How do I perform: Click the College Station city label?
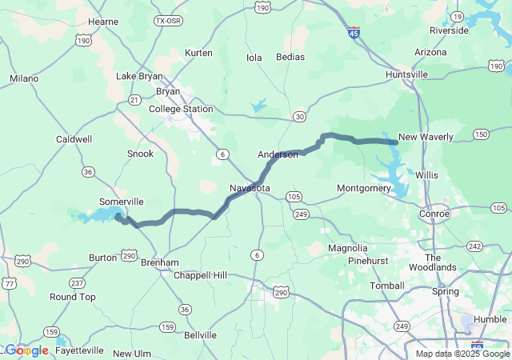point(186,109)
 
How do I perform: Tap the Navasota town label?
point(250,188)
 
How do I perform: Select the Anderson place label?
point(278,154)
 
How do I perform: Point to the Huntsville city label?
point(406,74)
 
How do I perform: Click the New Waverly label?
point(426,137)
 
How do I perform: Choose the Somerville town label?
point(121,202)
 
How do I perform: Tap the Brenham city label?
point(159,262)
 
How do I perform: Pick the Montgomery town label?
point(363,188)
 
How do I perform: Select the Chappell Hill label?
point(206,275)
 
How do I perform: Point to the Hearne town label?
point(103,22)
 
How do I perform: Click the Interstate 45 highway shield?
point(354,33)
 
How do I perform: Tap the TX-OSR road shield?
point(168,21)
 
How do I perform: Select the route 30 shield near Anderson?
point(298,117)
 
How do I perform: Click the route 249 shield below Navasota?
point(301,214)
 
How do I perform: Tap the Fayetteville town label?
point(80,350)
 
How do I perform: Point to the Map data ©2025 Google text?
point(462,354)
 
